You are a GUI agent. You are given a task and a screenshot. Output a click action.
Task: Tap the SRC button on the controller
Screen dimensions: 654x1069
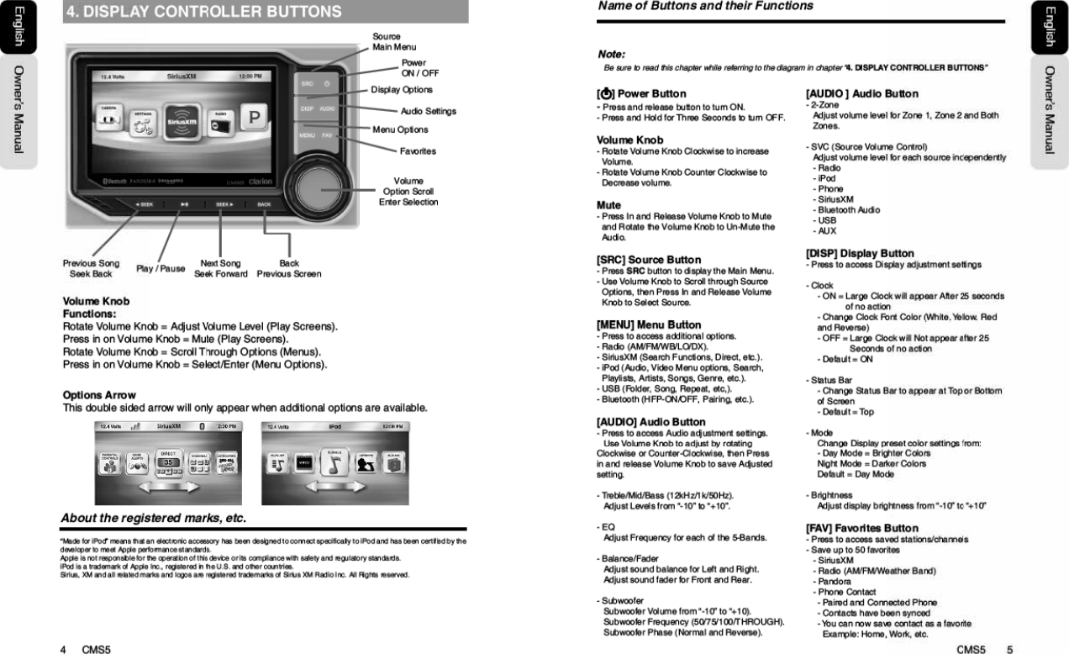(x=308, y=83)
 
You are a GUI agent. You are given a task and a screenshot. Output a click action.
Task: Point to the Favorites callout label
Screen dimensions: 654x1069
(x=418, y=151)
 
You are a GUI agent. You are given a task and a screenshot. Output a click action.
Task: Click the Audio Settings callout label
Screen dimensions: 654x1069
(x=428, y=111)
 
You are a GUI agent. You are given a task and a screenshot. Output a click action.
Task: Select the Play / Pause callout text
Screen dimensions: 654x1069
(x=161, y=269)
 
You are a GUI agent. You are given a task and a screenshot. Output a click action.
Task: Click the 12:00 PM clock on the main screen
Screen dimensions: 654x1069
(x=250, y=76)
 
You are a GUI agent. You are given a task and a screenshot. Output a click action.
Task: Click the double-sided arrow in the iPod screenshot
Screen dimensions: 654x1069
(x=336, y=488)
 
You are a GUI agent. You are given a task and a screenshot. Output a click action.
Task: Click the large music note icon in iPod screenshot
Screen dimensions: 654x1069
(x=335, y=461)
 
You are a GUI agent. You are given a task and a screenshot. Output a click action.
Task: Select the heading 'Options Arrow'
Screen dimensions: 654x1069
(x=99, y=395)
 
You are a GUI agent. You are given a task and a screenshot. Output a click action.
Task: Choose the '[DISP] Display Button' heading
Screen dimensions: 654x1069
(x=859, y=253)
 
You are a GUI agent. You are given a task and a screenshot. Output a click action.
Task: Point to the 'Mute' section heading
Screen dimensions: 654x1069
(x=608, y=205)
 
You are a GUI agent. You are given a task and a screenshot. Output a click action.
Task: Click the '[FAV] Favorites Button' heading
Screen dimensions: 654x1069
(x=861, y=528)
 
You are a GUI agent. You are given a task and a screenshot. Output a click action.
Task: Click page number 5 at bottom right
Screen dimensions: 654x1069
(x=1009, y=648)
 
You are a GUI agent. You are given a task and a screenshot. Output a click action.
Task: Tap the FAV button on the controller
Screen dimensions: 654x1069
(x=328, y=134)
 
